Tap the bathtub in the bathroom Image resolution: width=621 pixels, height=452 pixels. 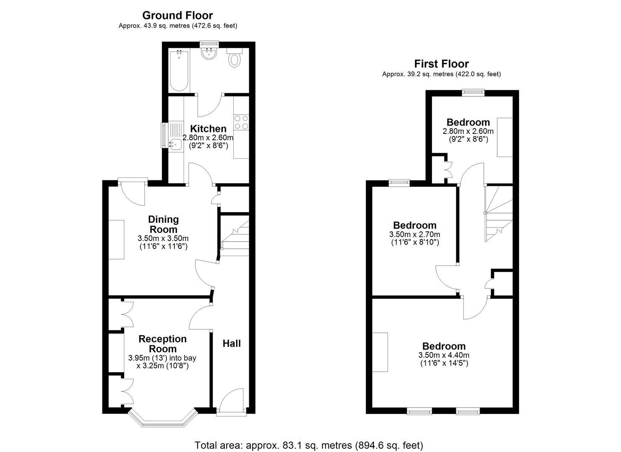pos(179,70)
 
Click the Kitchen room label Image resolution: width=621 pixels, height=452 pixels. pos(208,128)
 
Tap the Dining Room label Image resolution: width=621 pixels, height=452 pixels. pos(163,224)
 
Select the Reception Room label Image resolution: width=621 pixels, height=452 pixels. pos(162,344)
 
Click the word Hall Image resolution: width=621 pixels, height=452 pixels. pos(231,344)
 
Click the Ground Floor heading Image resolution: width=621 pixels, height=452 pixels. pos(177,15)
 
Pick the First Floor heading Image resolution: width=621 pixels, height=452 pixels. pos(441,64)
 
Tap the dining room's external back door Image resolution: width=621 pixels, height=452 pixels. pos(133,193)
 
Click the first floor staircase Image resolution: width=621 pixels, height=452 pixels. pos(498,213)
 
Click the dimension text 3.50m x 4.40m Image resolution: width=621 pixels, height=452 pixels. pos(444,355)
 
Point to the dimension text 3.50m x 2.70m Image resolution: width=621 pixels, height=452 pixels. pos(414,234)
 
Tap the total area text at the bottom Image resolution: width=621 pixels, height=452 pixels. pos(309,445)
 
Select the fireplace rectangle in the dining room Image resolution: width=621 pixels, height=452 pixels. pos(117,239)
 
